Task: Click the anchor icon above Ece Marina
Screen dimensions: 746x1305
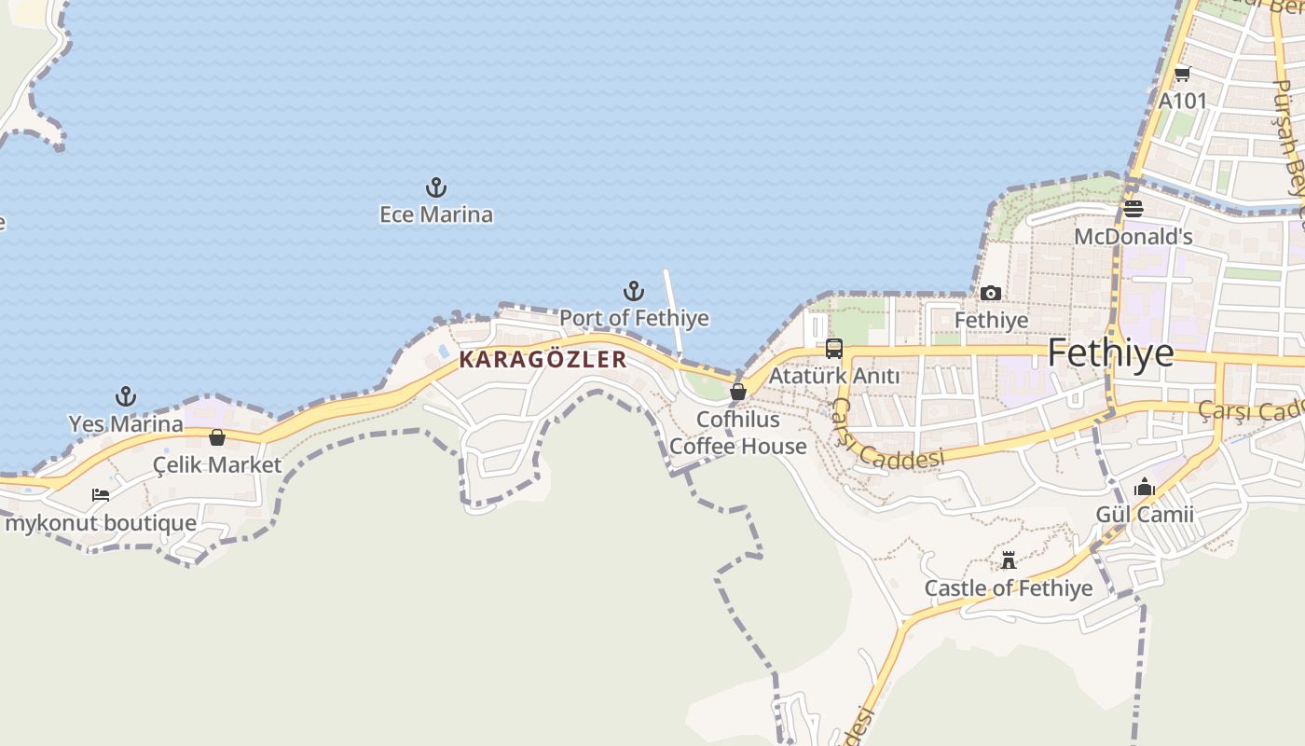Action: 435,188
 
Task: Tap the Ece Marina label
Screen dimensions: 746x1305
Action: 435,214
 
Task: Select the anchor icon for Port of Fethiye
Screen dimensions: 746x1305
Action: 634,291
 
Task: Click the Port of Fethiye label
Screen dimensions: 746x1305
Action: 634,318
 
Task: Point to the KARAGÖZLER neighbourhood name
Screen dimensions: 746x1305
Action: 543,360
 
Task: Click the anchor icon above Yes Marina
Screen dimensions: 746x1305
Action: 126,397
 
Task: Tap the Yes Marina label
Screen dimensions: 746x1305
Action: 126,424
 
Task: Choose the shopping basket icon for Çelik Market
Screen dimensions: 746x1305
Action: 217,437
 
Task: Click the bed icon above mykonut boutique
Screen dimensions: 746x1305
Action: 101,495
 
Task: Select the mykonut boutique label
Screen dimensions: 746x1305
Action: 101,522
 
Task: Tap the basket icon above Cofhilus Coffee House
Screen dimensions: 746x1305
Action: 738,392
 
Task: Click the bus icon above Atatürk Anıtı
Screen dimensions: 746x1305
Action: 834,349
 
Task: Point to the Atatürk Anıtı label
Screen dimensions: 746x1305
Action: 834,376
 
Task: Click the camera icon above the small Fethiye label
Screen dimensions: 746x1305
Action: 991,294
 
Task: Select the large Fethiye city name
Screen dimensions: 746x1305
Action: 1110,353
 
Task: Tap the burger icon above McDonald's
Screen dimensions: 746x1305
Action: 1133,209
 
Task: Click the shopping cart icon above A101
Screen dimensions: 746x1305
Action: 1182,74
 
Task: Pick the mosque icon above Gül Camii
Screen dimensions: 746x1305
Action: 1145,488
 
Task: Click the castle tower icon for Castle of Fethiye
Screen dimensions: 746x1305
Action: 1008,560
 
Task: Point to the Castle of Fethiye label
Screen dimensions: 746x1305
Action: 1008,588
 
